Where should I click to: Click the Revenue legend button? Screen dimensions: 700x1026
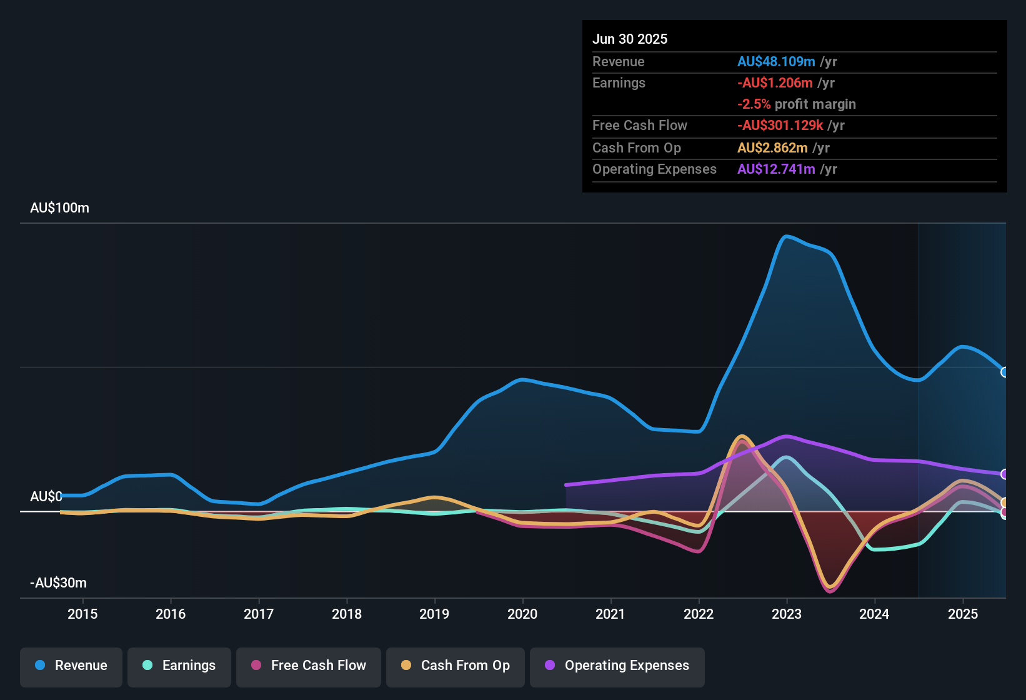pos(71,666)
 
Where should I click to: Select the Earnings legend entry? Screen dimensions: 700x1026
pos(179,666)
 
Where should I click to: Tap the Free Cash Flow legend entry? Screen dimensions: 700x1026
pos(309,666)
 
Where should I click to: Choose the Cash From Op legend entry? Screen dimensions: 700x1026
pos(456,666)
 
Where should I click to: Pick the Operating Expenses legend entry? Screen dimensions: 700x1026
pos(617,666)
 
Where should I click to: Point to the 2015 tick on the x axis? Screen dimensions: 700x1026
pos(82,614)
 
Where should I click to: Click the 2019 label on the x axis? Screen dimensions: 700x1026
pos(434,614)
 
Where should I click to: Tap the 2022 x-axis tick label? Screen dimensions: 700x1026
pos(699,614)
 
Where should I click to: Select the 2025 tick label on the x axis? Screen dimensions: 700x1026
pos(963,614)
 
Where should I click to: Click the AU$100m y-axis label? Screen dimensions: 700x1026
pos(59,208)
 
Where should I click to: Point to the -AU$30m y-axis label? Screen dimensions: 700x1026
pos(58,583)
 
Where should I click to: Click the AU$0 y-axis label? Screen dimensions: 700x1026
pos(46,497)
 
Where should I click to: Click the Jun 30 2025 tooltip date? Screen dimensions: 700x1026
pos(630,39)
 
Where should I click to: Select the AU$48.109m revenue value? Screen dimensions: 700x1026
pos(776,62)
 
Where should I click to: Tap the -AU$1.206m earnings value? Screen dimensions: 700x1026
pos(775,83)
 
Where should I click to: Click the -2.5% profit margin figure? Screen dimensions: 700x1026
pos(754,104)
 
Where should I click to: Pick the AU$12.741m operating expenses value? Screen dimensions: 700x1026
pos(776,169)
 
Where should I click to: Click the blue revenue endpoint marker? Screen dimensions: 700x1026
pos(1005,372)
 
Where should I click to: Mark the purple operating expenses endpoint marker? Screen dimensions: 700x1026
pos(1005,474)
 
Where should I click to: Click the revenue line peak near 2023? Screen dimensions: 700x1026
pos(786,236)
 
